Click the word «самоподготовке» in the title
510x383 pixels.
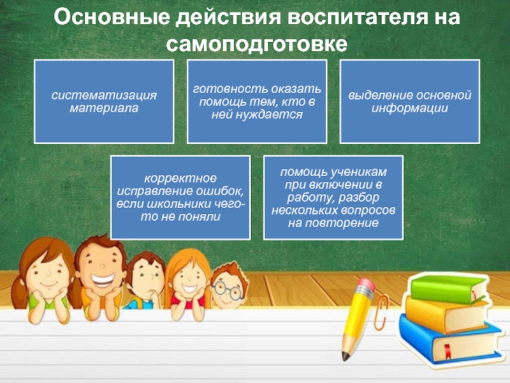257,43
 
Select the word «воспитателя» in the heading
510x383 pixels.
358,17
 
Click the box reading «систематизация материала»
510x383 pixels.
104,101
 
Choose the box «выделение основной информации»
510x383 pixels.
410,101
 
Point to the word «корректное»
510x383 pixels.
180,179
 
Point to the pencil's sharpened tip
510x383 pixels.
345,357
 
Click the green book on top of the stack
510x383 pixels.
448,289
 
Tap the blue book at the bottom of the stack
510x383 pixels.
449,340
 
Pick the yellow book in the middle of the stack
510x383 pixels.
446,313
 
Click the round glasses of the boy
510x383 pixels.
227,290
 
